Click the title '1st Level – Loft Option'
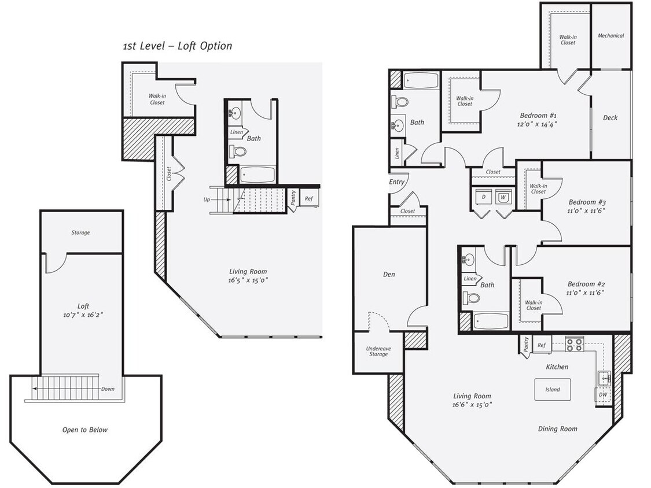coord(177,46)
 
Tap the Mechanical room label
coord(610,36)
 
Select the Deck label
coord(610,118)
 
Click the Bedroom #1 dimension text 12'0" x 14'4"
coord(538,124)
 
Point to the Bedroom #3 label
coord(586,202)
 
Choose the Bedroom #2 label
coord(586,284)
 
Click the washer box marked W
coord(503,197)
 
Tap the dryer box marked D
coord(483,197)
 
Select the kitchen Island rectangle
coord(552,389)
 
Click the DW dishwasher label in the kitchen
coord(603,395)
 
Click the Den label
coord(389,275)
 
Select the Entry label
coord(396,182)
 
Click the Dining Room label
coord(557,428)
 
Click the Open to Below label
coord(84,430)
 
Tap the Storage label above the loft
coord(80,233)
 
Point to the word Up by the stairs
coord(207,199)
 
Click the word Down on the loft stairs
coord(108,389)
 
